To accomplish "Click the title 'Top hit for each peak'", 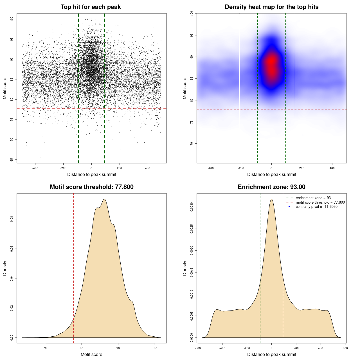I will click(x=91, y=7).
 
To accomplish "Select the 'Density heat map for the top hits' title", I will click(x=271, y=7).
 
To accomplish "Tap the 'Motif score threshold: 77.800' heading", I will click(x=91, y=187).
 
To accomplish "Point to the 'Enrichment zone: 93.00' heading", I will click(x=271, y=187).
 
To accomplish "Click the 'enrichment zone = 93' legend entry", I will click(x=313, y=198).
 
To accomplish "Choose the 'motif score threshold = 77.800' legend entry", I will click(x=320, y=202).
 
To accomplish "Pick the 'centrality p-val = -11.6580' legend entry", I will click(x=316, y=207).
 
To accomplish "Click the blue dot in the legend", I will click(x=289, y=207).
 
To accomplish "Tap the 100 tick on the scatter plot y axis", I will click(x=12, y=19).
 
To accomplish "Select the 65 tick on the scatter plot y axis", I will click(x=12, y=160).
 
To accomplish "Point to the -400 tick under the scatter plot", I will click(x=35, y=168).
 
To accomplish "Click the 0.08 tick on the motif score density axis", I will click(x=12, y=219).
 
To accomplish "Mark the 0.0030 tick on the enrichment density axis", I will click(x=192, y=207).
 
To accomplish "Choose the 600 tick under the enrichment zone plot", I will click(x=345, y=348).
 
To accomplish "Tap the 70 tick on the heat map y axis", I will click(x=192, y=143).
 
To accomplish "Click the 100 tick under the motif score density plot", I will click(x=155, y=348).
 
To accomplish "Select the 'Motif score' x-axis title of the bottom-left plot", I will click(x=91, y=354).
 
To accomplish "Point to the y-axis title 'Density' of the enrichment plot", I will click(x=185, y=268).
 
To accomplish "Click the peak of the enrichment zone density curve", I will click(x=271, y=199).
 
